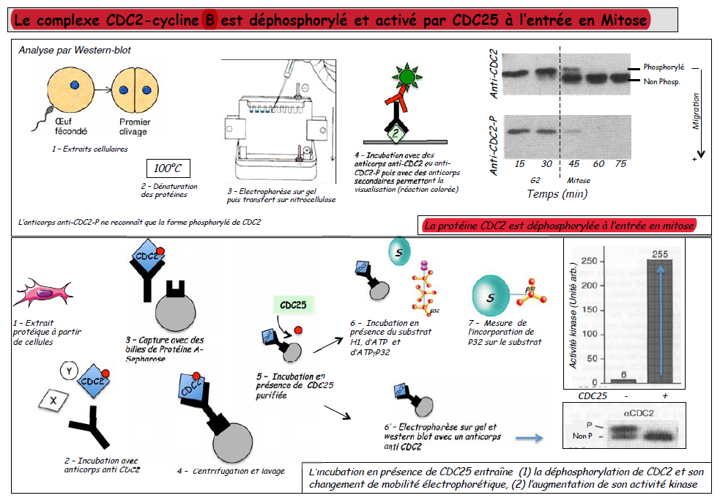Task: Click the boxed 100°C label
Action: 168,168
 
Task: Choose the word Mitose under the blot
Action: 579,180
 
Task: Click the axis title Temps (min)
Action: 557,194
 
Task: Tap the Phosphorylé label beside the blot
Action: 664,67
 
